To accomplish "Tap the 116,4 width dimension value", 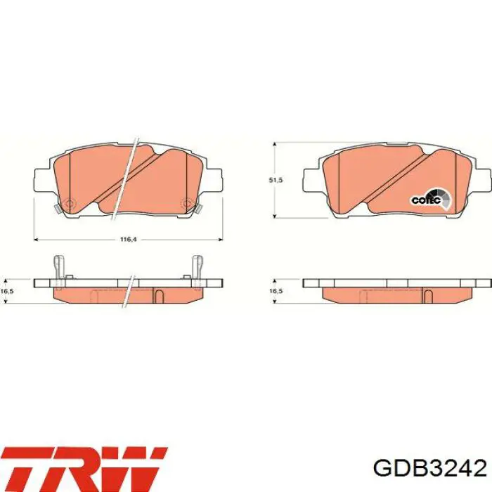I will coord(127,240).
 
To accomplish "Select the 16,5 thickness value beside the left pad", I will coord(7,290).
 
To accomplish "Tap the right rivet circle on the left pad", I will coord(186,205).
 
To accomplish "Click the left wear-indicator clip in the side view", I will coord(60,268).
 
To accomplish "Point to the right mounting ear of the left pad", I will coord(213,181).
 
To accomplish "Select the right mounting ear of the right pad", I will coord(481,181).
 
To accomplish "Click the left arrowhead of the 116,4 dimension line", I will coord(37,240).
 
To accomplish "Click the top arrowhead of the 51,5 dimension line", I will coord(273,143).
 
